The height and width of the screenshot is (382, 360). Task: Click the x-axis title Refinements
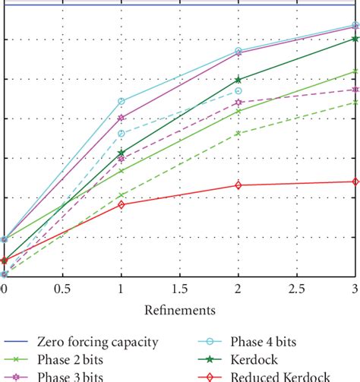[x=180, y=310]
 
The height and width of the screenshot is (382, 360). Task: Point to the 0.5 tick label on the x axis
[x=62, y=289]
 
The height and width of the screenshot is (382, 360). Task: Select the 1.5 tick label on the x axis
[x=179, y=289]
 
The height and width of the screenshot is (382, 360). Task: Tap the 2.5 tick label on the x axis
[x=296, y=289]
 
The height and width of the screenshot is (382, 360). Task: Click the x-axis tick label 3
[x=355, y=289]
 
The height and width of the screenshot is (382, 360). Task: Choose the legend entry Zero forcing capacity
[x=106, y=342]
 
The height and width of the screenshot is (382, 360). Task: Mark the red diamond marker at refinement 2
[x=238, y=185]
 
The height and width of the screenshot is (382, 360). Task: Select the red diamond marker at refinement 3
[x=355, y=182]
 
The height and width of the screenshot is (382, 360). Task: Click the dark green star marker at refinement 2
[x=238, y=79]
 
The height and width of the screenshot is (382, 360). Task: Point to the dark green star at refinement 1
[x=121, y=153]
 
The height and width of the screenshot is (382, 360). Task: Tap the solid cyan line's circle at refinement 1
[x=121, y=101]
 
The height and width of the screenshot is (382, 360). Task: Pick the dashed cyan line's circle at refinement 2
[x=238, y=90]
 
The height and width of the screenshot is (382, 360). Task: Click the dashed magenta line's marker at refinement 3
[x=355, y=90]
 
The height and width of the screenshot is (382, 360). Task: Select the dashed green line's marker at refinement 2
[x=238, y=133]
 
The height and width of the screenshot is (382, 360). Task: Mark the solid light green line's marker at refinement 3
[x=355, y=71]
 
